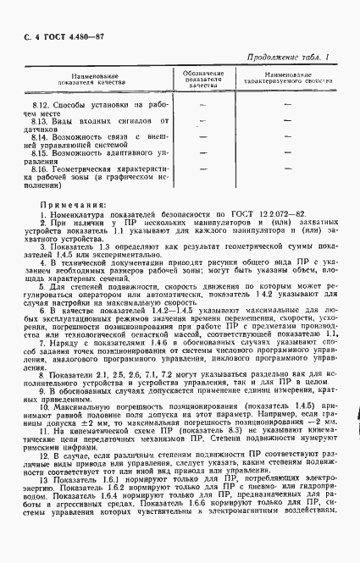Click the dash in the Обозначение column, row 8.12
coord(203,104)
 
